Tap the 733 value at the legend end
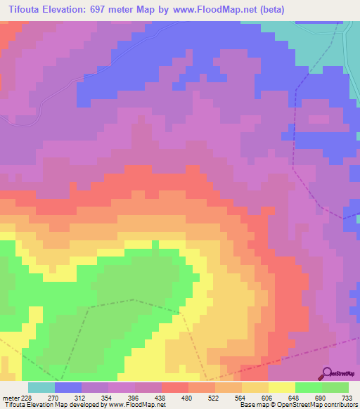pos(347,397)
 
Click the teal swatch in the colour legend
pos(41,387)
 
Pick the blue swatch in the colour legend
pos(68,387)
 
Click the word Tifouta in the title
pos(28,8)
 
